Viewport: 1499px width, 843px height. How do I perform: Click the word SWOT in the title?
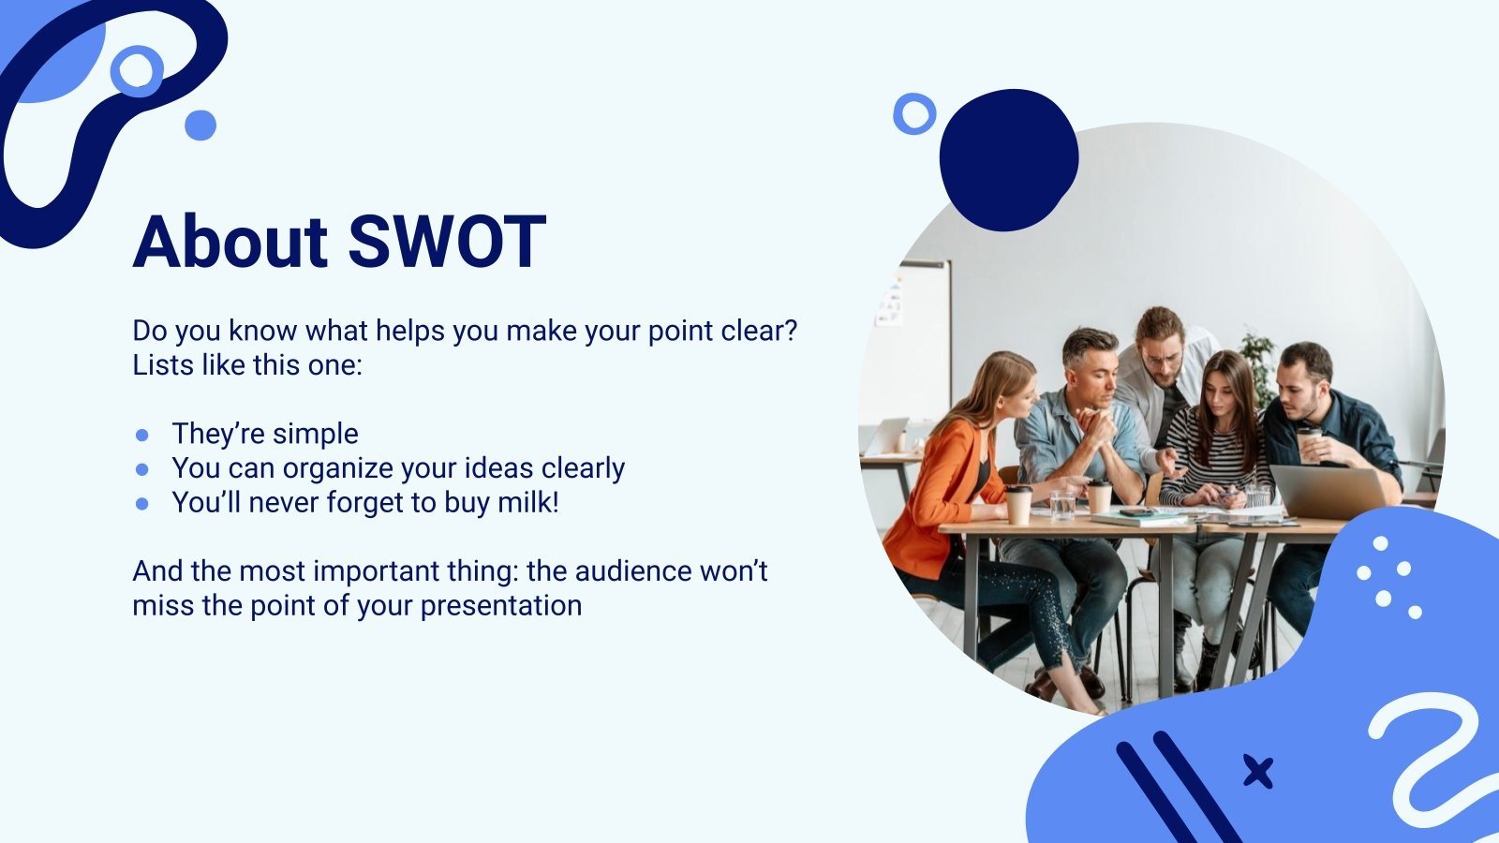pos(447,242)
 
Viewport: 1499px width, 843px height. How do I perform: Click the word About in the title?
pos(230,242)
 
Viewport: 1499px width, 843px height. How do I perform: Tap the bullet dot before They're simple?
pos(142,435)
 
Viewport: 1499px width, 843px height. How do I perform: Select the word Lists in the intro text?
pos(162,364)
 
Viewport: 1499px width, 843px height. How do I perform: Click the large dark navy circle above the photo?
pos(1008,160)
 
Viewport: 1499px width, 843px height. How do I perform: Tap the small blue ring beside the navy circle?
pos(913,113)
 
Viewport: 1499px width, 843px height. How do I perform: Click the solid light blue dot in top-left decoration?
pos(200,125)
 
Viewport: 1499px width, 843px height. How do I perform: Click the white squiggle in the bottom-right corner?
pos(1429,759)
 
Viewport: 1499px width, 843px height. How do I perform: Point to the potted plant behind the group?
pos(1258,361)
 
